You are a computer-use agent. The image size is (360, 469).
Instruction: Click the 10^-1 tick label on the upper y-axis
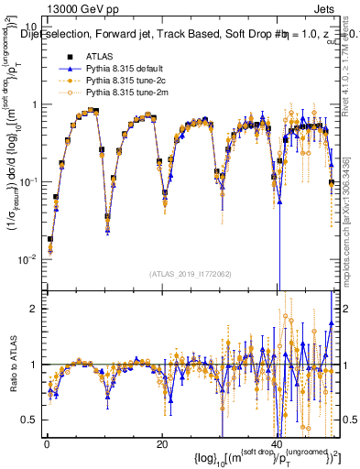[27, 181]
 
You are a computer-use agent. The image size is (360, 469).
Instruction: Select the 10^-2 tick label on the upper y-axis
[27, 259]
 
